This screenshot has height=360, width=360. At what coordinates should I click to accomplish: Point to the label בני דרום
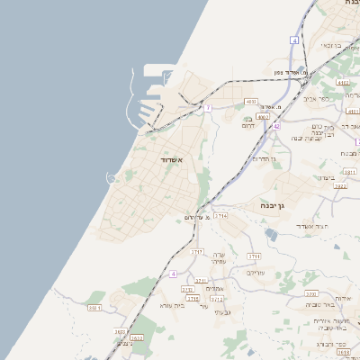click(248, 122)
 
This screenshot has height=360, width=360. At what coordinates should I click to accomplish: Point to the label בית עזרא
click(172, 305)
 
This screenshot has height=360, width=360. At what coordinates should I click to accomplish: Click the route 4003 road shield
click(251, 102)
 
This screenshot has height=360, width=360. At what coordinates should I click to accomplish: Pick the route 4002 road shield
click(263, 116)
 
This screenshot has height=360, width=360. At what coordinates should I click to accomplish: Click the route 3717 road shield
click(196, 253)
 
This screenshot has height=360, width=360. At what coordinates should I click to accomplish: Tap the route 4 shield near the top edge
click(294, 40)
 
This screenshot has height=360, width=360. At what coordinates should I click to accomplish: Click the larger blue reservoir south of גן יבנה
click(271, 236)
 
